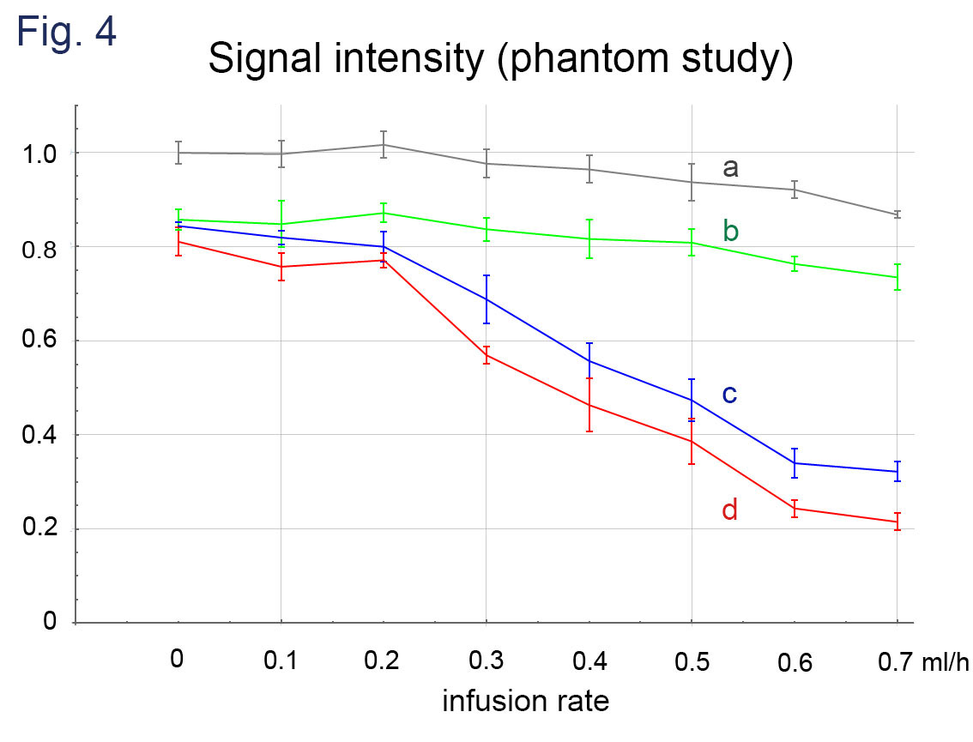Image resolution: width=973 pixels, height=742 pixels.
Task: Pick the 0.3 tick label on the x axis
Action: (486, 661)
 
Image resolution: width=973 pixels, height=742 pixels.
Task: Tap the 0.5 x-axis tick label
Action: (691, 661)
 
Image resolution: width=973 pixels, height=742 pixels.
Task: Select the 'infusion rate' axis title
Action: (525, 702)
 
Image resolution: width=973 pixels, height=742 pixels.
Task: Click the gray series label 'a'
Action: (730, 167)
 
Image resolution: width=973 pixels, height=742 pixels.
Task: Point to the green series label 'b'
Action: (731, 231)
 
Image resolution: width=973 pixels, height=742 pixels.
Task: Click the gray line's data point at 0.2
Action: (384, 145)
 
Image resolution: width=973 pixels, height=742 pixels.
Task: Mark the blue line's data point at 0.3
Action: (486, 299)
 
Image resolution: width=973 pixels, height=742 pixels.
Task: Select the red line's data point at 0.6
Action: (795, 508)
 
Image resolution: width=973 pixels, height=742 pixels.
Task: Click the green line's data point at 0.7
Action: (897, 277)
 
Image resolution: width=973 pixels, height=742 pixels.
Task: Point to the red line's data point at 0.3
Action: (486, 355)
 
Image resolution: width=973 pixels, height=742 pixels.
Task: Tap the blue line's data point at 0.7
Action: (897, 472)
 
